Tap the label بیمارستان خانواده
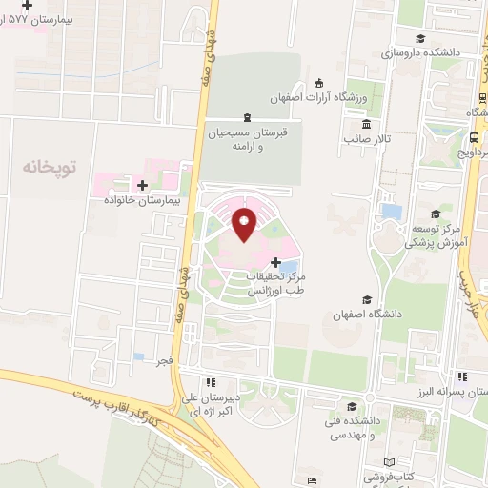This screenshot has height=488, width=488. (x=142, y=201)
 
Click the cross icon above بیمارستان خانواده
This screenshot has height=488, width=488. (x=142, y=185)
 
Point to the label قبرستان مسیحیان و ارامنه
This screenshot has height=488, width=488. (x=247, y=140)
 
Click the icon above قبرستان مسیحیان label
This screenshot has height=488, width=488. (x=247, y=116)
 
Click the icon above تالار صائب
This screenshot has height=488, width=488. (x=366, y=124)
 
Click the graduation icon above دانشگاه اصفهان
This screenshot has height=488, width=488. (x=367, y=297)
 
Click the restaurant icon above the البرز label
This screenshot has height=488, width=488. (x=461, y=377)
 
